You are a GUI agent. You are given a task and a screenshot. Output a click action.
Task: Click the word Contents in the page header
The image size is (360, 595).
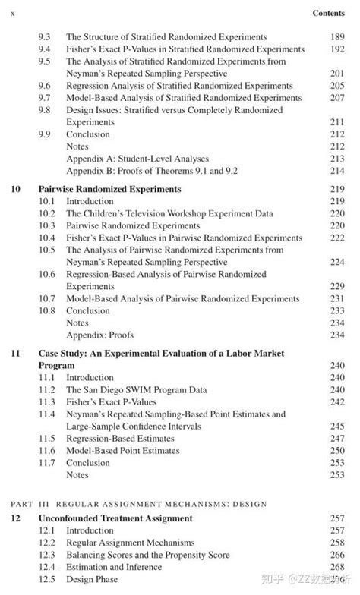click(x=329, y=14)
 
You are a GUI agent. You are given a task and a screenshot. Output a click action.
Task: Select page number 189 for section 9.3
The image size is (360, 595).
click(x=337, y=36)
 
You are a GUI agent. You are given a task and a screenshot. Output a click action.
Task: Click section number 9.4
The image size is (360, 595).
click(x=45, y=49)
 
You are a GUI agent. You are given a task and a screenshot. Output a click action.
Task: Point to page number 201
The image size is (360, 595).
click(x=337, y=74)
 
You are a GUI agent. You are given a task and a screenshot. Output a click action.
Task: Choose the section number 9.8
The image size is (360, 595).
click(x=45, y=110)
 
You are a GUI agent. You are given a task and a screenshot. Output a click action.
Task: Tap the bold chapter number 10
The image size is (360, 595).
click(x=15, y=189)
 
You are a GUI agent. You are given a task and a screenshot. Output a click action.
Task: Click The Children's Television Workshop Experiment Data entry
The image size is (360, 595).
click(x=169, y=214)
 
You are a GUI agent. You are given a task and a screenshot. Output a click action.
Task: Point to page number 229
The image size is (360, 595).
click(x=337, y=286)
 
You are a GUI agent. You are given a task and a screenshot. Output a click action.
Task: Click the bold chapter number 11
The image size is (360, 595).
click(x=15, y=353)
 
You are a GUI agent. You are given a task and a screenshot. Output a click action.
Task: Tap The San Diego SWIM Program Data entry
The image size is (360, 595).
click(x=136, y=390)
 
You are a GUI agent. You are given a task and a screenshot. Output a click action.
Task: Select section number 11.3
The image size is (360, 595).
click(x=47, y=402)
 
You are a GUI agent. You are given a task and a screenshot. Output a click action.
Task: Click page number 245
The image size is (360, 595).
click(x=337, y=427)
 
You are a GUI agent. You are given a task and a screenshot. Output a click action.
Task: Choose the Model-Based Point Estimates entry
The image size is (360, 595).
click(x=123, y=451)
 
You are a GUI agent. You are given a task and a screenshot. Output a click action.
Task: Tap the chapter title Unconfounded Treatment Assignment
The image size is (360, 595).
click(x=115, y=518)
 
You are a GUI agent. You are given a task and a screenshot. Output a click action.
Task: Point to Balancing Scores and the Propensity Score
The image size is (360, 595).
click(x=148, y=555)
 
